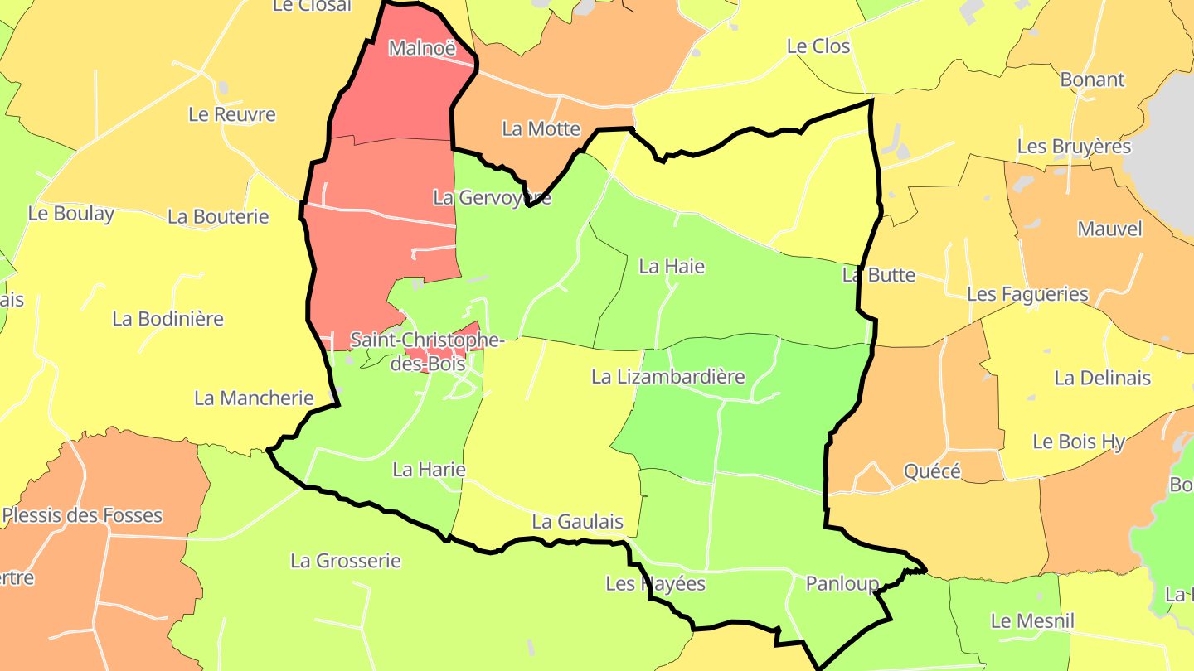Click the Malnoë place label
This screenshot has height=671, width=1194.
pyautogui.click(x=422, y=48)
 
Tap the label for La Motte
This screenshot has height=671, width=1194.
pyautogui.click(x=541, y=128)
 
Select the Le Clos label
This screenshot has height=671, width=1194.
pyautogui.click(x=818, y=46)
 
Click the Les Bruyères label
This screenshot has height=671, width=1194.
pyautogui.click(x=1074, y=147)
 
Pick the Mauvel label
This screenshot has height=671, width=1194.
pyautogui.click(x=1109, y=229)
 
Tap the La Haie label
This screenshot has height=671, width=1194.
pyautogui.click(x=672, y=266)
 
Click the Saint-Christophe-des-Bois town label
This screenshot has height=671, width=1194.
pyautogui.click(x=426, y=351)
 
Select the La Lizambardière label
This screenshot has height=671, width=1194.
pyautogui.click(x=667, y=377)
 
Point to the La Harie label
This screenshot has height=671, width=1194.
pyautogui.click(x=429, y=470)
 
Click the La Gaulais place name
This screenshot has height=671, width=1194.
pyautogui.click(x=577, y=521)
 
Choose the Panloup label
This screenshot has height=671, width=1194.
pyautogui.click(x=842, y=584)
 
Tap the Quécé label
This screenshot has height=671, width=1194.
pyautogui.click(x=932, y=471)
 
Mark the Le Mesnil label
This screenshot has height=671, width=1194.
pyautogui.click(x=1032, y=620)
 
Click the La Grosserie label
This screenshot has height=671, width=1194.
pyautogui.click(x=345, y=561)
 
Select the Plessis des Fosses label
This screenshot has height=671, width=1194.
pyautogui.click(x=82, y=515)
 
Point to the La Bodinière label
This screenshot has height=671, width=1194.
pyautogui.click(x=167, y=319)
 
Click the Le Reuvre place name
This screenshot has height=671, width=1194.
pyautogui.click(x=231, y=114)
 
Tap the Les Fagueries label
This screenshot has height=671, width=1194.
pyautogui.click(x=1027, y=294)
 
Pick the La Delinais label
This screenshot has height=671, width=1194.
pyautogui.click(x=1102, y=378)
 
